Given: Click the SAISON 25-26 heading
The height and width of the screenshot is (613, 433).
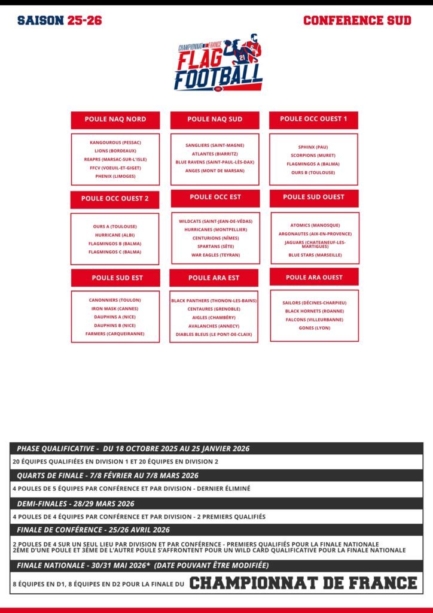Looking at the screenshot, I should point(60,20).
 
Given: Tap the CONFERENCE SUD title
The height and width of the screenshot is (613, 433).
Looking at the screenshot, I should point(357,20).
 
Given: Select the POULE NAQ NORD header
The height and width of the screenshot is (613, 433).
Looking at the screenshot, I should point(115,119).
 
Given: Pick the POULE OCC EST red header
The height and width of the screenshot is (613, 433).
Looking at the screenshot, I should point(215,198).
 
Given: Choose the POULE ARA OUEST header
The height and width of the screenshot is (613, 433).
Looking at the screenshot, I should point(314,277).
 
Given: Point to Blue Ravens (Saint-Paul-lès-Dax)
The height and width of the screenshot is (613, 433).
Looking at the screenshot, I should point(215,162).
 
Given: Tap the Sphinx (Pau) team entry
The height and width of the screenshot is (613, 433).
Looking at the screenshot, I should point(313,147).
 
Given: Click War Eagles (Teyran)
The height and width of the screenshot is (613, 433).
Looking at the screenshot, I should point(215,255).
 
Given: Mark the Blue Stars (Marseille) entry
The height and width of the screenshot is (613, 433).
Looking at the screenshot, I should point(315,254).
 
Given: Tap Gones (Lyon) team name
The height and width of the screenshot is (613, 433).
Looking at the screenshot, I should point(314,328).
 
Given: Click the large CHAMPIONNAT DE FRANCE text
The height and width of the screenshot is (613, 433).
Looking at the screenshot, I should point(303,582).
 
